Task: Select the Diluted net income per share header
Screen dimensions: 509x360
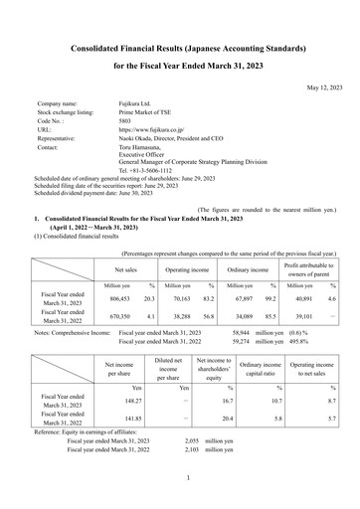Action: tap(167, 371)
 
